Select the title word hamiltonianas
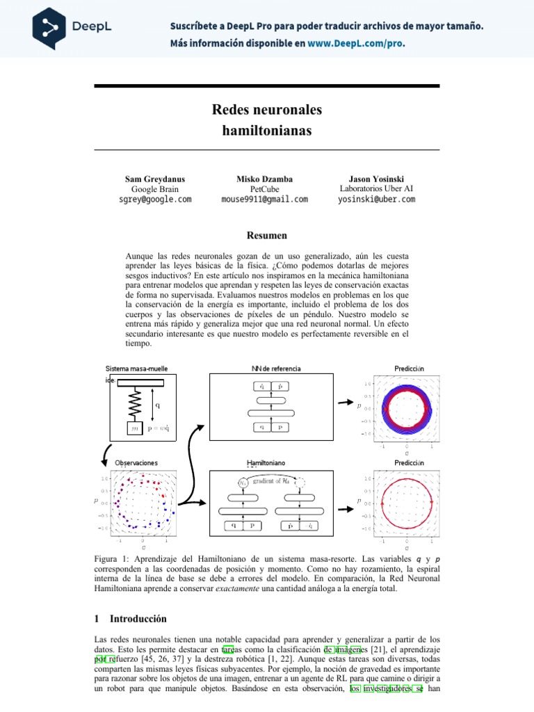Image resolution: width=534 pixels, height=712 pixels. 267,130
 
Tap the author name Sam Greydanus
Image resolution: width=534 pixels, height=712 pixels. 155,179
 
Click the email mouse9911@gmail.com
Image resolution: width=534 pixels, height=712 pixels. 264,199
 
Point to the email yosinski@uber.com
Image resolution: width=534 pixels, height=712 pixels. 376,199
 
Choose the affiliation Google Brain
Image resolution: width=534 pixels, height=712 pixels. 155,188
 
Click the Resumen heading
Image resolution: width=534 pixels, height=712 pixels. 267,236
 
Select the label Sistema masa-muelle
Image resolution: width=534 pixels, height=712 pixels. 136,368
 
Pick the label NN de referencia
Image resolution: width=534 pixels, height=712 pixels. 276,368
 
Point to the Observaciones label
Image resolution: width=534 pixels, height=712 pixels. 136,462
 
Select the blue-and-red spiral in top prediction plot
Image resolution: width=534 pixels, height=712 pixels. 407,409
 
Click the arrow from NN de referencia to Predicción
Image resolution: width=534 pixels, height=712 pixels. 343,402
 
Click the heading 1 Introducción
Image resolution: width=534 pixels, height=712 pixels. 130,618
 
